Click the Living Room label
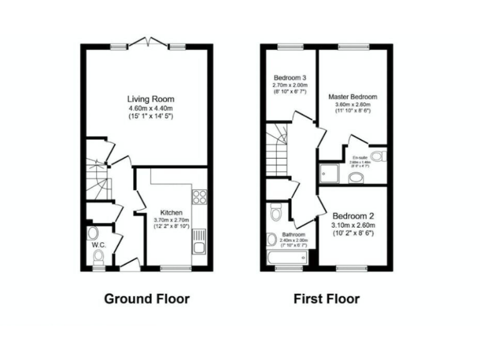(151, 99)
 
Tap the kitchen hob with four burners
(200, 196)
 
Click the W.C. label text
(99, 245)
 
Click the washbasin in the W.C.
(93, 234)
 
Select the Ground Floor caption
(147, 299)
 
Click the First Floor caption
(327, 299)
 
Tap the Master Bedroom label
(353, 97)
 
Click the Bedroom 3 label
(289, 77)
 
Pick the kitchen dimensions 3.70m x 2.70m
(171, 220)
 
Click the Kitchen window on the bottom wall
(175, 267)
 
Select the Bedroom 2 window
(351, 267)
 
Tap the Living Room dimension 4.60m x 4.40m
(151, 107)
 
